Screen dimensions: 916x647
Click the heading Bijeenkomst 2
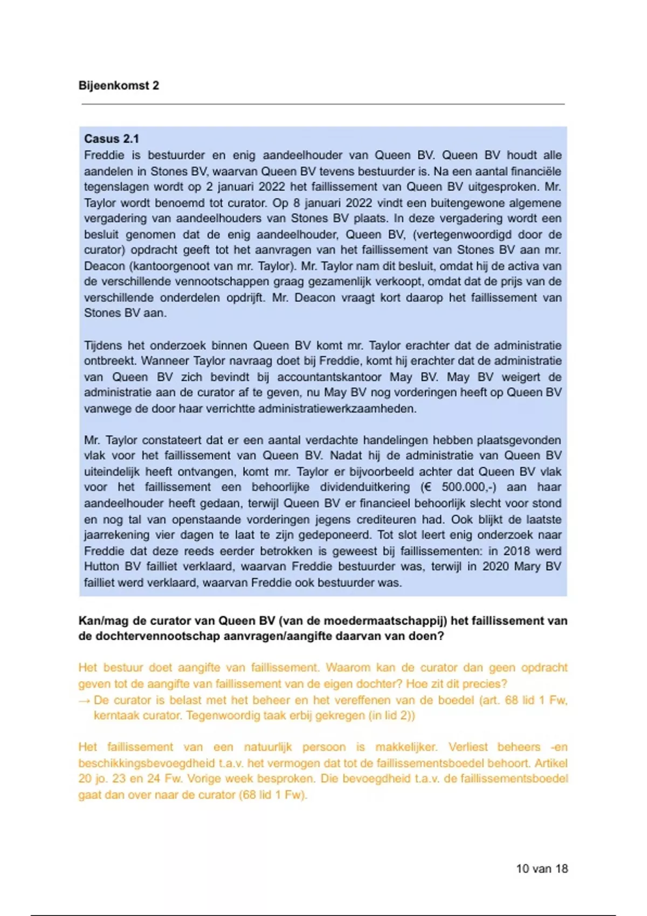(119, 85)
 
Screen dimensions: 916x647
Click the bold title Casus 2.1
(112, 138)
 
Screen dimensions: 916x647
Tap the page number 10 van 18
(542, 868)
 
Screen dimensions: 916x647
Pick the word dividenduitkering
(365, 487)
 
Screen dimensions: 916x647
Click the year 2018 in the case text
(517, 551)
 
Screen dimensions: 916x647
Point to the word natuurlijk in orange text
(268, 747)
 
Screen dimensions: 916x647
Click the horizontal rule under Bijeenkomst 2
(323, 103)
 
